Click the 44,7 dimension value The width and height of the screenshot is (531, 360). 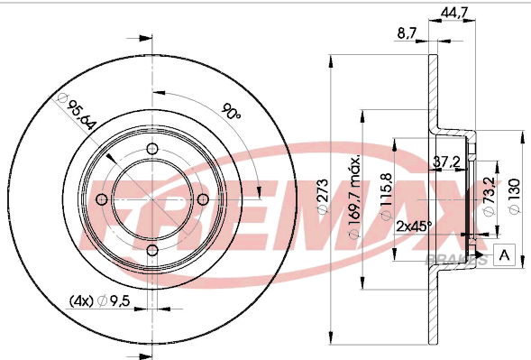click(x=454, y=13)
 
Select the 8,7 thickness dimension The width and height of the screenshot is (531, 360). click(x=407, y=33)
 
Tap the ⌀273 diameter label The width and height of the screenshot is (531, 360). click(x=323, y=197)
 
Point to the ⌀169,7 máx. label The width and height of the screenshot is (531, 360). click(x=354, y=198)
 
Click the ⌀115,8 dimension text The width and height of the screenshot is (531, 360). click(x=387, y=197)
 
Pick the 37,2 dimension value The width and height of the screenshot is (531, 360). click(x=447, y=162)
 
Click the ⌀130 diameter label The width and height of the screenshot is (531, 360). click(x=515, y=197)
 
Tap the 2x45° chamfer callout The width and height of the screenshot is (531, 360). click(x=414, y=226)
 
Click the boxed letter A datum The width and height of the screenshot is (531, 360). click(x=504, y=254)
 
